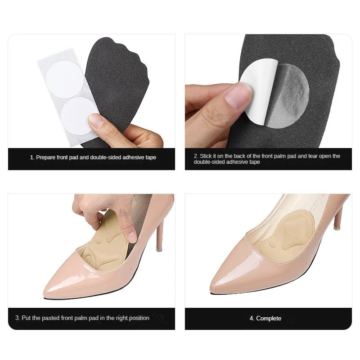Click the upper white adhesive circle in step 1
(x=63, y=78)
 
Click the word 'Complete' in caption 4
(x=269, y=318)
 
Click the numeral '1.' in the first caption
(x=32, y=157)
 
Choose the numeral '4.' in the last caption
(x=252, y=318)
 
